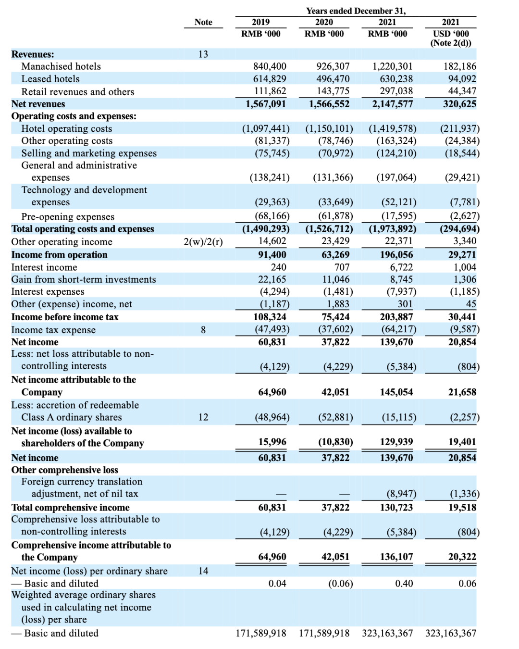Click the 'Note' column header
click(203, 22)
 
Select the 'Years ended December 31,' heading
click(356, 11)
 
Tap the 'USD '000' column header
click(450, 34)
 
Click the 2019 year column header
click(260, 22)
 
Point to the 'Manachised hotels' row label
click(61, 66)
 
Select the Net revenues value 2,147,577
click(392, 104)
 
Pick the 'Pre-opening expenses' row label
click(68, 217)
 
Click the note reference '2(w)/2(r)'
click(203, 242)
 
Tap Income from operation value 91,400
click(272, 255)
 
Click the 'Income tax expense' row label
click(53, 330)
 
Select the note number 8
click(203, 330)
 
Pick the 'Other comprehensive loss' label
click(64, 470)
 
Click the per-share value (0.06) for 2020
click(340, 584)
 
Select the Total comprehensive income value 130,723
click(396, 507)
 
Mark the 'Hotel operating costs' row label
click(66, 129)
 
